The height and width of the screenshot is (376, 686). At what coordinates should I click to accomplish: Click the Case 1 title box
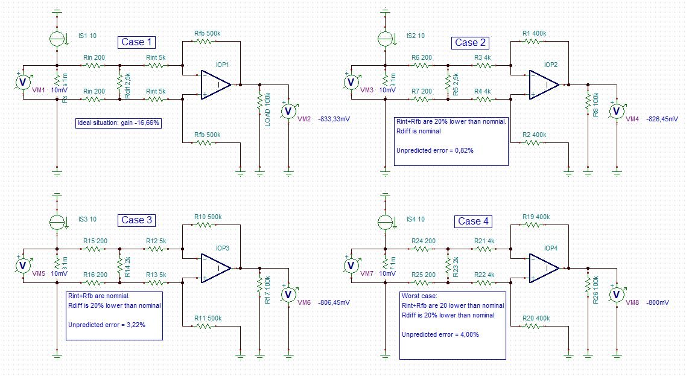(x=137, y=42)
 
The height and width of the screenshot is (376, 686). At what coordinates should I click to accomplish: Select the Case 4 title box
(x=473, y=221)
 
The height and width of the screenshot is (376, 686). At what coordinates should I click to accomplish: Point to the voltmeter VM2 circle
(x=288, y=111)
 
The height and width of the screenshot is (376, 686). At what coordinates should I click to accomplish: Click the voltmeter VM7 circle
(x=350, y=266)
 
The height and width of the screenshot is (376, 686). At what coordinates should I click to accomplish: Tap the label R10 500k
(x=208, y=216)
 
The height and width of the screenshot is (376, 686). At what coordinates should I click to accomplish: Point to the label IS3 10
(x=87, y=218)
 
